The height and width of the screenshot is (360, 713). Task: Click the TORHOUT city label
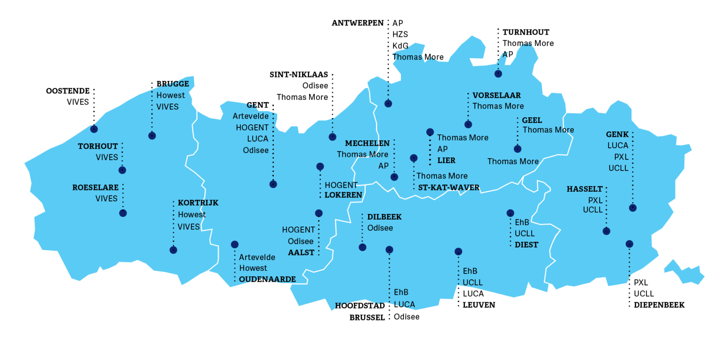click(98, 146)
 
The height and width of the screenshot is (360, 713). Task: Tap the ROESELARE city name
click(95, 187)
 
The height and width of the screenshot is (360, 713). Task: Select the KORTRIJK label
click(198, 203)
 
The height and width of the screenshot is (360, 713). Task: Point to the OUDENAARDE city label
click(267, 279)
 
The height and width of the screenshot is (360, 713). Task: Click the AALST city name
click(301, 252)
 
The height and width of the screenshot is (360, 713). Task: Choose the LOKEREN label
click(343, 195)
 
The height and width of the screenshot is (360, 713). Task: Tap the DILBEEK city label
click(384, 217)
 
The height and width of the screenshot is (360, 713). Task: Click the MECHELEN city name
click(367, 143)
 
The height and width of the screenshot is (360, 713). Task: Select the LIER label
click(446, 160)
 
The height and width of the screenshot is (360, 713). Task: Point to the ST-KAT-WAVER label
click(449, 187)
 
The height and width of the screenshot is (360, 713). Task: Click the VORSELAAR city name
click(496, 95)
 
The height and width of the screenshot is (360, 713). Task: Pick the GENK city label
click(617, 134)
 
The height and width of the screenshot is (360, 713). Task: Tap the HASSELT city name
click(584, 189)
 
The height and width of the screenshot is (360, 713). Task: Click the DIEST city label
click(526, 245)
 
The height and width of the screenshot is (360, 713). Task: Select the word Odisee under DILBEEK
click(380, 228)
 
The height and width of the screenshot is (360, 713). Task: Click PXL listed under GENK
click(621, 157)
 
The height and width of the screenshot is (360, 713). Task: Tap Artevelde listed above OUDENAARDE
click(257, 257)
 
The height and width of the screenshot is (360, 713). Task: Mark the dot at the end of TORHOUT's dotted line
click(122, 170)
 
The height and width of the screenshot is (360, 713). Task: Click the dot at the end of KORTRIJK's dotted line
click(173, 250)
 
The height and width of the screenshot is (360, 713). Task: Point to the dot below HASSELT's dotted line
click(606, 231)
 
